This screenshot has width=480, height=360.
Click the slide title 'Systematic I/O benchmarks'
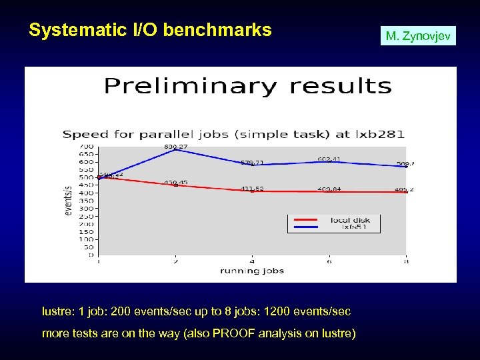point(151,30)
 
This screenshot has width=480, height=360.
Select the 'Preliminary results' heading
point(247,87)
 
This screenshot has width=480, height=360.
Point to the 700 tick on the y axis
point(87,147)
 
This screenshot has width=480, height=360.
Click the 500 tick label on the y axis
point(87,177)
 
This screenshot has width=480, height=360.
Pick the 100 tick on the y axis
point(87,239)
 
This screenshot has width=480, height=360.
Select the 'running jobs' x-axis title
point(252,271)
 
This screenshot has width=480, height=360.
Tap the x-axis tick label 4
point(252,261)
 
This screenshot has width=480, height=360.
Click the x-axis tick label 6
point(329,261)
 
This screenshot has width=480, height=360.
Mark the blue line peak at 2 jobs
point(175,150)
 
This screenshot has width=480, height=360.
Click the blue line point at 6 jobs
point(329,161)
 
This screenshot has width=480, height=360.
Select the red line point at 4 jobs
point(252,191)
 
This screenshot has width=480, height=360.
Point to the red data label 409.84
point(329,189)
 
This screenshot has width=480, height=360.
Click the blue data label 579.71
point(252,162)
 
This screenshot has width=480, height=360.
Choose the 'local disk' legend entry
point(350,219)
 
